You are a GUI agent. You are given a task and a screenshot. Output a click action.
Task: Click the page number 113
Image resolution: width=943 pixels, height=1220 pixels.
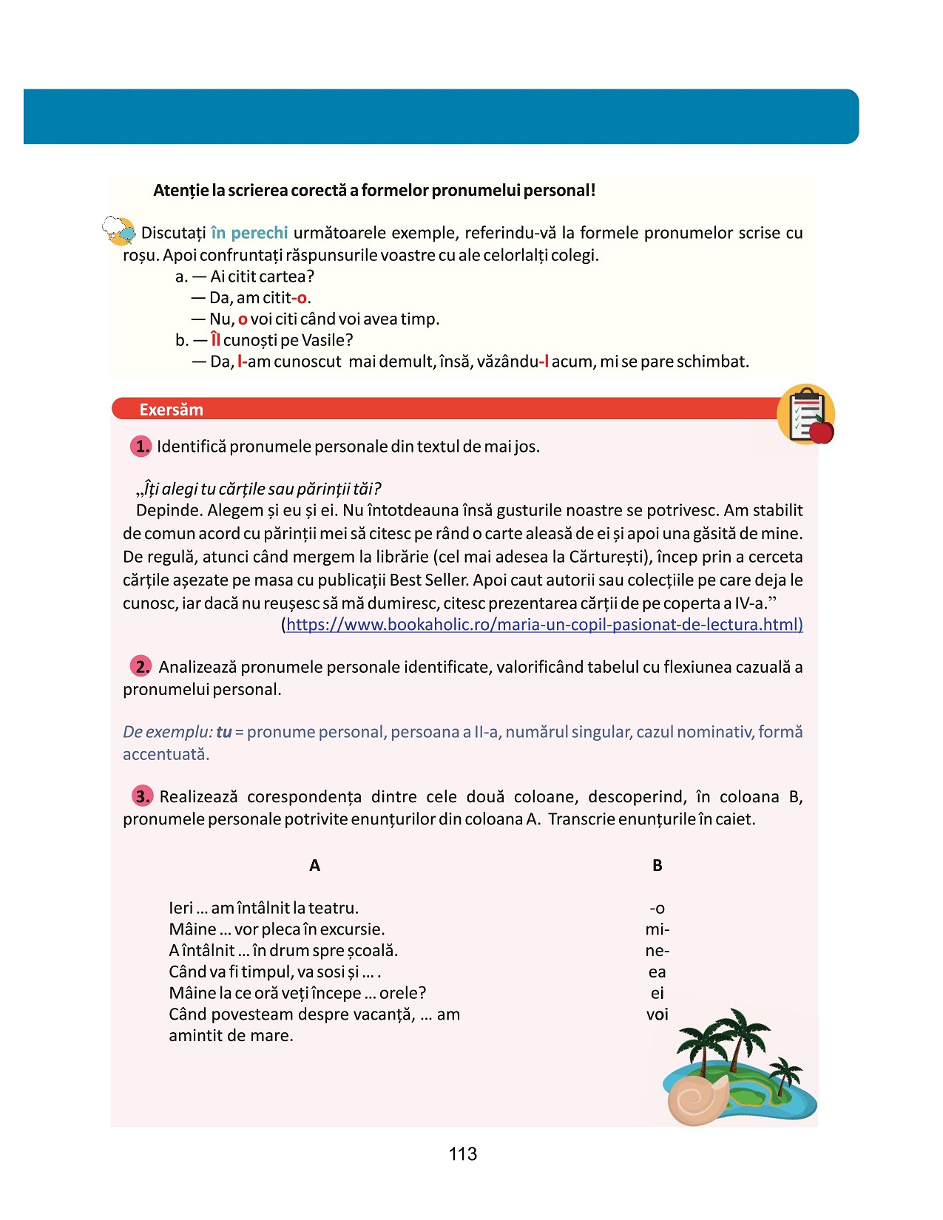462,1154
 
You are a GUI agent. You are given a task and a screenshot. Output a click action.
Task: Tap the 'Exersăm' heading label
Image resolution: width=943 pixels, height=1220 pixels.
171,410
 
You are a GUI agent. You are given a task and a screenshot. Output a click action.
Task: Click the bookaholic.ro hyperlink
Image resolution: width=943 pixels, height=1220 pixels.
544,625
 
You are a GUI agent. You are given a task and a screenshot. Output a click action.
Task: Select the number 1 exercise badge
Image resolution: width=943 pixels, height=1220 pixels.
141,446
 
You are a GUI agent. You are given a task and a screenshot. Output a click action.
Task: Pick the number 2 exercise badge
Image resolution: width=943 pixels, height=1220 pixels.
141,666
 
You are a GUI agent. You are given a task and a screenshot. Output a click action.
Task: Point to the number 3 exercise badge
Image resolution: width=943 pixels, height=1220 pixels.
142,796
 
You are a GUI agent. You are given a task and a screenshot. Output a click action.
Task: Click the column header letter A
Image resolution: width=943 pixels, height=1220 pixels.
314,866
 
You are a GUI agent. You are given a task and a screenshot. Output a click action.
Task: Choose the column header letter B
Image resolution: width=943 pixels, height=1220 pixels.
657,866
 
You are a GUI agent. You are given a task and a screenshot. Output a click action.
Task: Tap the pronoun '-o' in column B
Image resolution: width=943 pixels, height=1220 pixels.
657,909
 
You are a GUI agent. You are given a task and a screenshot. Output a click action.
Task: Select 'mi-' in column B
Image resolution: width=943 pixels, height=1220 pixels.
657,929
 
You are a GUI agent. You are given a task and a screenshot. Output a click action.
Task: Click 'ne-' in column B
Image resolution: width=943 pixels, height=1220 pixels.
657,951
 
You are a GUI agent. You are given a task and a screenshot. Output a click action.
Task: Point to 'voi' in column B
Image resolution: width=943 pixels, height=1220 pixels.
657,1014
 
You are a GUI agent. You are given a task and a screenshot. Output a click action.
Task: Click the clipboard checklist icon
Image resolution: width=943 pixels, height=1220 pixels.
805,413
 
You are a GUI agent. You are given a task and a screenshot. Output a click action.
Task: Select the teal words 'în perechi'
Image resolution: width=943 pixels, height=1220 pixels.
249,233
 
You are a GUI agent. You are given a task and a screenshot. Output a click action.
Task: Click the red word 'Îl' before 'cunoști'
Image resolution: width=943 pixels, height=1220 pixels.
215,340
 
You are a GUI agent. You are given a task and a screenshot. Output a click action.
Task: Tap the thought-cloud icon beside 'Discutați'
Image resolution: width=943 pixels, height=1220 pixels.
119,231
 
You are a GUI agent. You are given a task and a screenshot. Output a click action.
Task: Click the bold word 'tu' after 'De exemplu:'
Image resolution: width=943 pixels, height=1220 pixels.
223,732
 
